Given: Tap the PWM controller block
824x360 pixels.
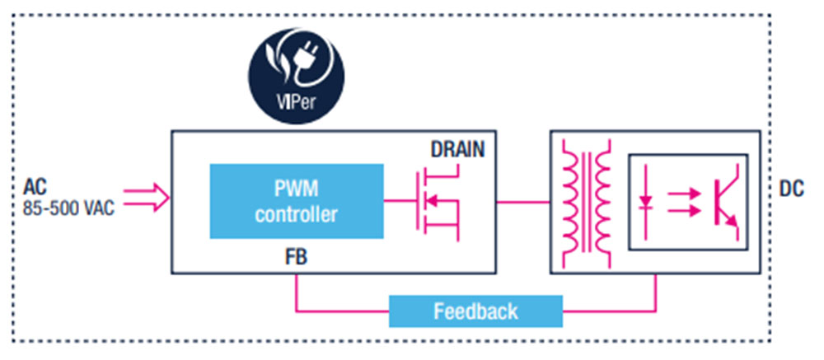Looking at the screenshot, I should click(297, 202).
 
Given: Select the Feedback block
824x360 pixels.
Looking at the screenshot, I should click(475, 311).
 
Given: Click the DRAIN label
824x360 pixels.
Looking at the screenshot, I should click(457, 151).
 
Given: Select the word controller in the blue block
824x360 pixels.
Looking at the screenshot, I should click(297, 216).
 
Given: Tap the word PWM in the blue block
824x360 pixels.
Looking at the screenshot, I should click(297, 190).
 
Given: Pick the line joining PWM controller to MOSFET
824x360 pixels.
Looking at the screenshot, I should click(397, 201).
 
